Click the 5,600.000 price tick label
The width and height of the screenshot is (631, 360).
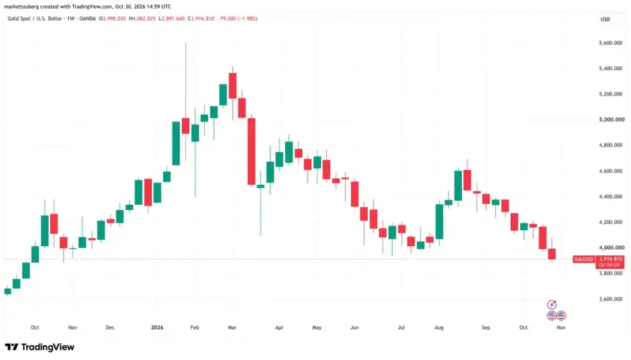(x=610, y=43)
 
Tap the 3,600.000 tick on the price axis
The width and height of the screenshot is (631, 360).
(x=610, y=299)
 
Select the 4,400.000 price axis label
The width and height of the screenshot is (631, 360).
(x=610, y=197)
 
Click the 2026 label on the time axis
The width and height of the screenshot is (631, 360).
(x=157, y=327)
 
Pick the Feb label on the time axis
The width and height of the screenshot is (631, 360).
(x=195, y=327)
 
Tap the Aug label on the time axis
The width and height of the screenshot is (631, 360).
(x=439, y=327)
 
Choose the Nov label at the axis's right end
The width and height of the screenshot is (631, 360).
(x=561, y=327)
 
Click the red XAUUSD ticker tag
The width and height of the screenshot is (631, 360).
(x=583, y=259)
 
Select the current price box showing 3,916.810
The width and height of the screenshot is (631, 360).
(x=610, y=262)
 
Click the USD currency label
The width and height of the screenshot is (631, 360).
(x=605, y=19)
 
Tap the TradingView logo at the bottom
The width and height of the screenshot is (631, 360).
(x=40, y=347)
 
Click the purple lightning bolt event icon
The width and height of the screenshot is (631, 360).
(x=552, y=304)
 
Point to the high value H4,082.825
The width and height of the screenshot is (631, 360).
(x=142, y=19)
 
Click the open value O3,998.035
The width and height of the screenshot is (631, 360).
(x=113, y=19)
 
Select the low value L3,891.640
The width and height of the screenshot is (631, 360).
(x=172, y=19)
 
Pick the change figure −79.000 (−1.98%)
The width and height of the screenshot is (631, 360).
(x=238, y=19)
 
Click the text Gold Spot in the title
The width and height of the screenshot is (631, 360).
(x=19, y=19)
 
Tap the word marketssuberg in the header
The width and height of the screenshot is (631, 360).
(x=21, y=7)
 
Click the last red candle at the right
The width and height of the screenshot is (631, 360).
(x=552, y=254)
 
